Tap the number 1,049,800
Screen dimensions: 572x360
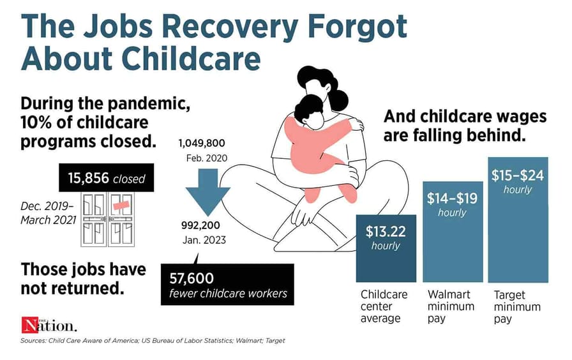point(202,144)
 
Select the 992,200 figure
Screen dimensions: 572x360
point(200,225)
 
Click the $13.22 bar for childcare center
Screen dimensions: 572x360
point(386,248)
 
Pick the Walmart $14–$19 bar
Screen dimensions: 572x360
point(453,232)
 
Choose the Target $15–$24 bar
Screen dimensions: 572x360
point(518,220)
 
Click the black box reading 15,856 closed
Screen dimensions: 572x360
point(106,177)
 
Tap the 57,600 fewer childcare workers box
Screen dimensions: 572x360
point(227,285)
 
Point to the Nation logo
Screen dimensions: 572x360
point(49,325)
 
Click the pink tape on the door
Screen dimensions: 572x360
point(121,205)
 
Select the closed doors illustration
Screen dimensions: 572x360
point(108,220)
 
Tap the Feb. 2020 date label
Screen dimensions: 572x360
point(206,158)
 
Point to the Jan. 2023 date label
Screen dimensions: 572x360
point(204,241)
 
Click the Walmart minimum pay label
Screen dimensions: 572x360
point(451,306)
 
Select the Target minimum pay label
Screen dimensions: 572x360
point(517,306)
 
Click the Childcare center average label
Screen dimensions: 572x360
point(384,306)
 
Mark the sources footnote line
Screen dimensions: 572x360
point(153,341)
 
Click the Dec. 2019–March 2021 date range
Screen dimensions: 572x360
point(48,213)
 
